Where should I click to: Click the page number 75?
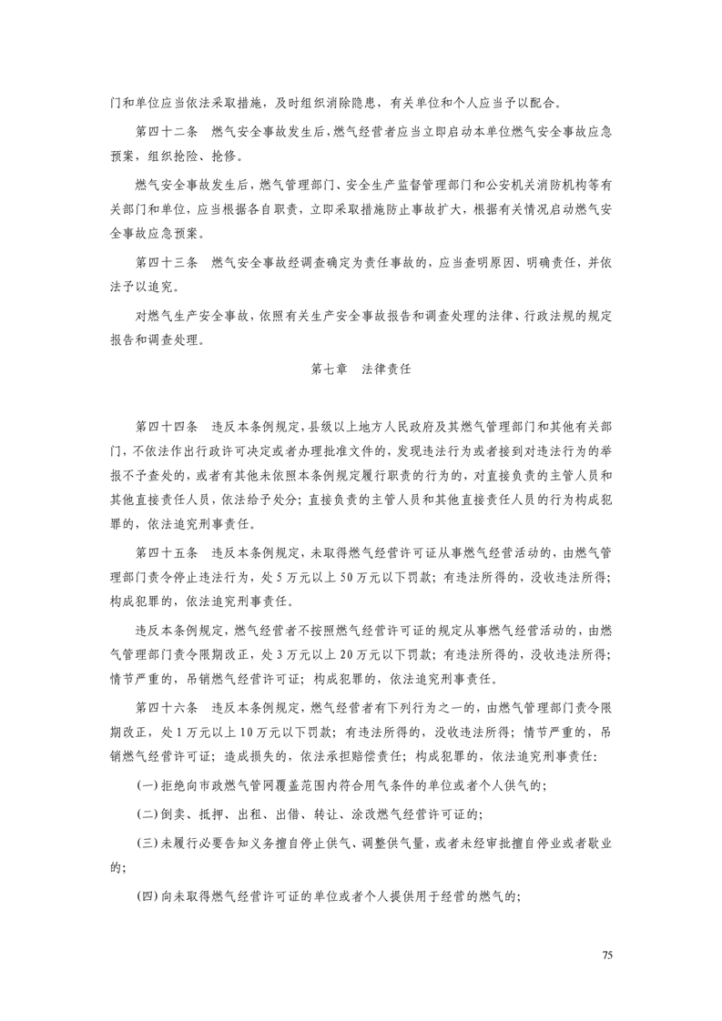(x=608, y=954)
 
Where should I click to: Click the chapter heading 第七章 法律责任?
(x=361, y=370)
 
